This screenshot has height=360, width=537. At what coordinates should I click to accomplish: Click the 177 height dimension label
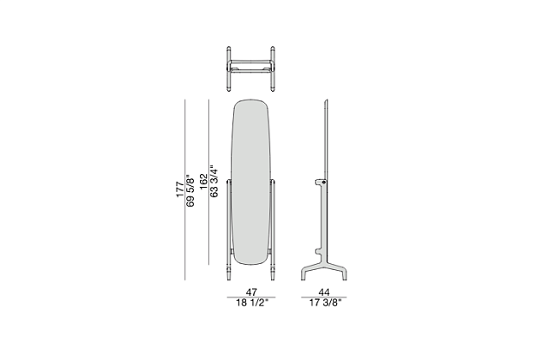pyautogui.click(x=180, y=189)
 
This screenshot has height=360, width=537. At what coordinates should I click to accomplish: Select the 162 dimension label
pyautogui.click(x=204, y=182)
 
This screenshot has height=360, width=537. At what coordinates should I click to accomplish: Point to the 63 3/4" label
pyautogui.click(x=214, y=182)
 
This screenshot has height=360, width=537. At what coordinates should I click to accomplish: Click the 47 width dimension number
pyautogui.click(x=251, y=292)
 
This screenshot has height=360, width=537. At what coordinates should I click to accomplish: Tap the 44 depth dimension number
pyautogui.click(x=324, y=292)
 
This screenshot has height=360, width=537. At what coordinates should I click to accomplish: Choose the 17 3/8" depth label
pyautogui.click(x=325, y=303)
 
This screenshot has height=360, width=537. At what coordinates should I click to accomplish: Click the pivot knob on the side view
pyautogui.click(x=323, y=183)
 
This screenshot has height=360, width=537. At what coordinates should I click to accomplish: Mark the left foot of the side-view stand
pyautogui.click(x=304, y=275)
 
